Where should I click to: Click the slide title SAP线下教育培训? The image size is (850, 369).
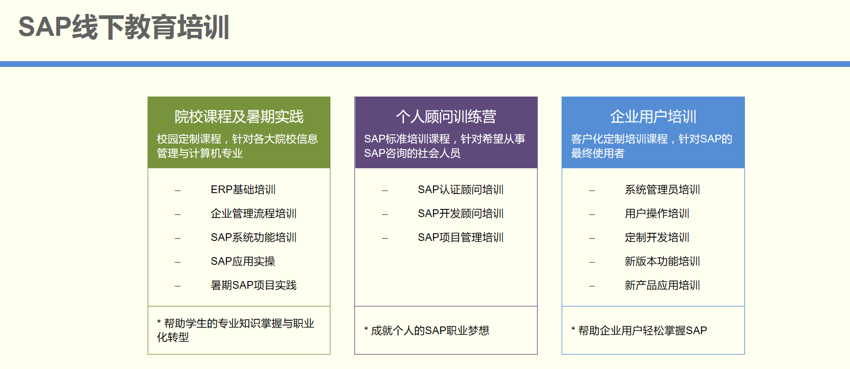coord(124,27)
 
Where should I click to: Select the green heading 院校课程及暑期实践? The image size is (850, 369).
coord(239,117)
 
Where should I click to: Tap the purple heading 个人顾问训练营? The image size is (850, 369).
coord(446,117)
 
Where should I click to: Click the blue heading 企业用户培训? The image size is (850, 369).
coord(653,117)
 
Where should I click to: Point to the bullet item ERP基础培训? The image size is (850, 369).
coord(243,190)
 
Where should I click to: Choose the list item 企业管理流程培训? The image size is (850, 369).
coord(254,214)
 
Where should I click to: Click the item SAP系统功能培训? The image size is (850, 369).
coord(254,238)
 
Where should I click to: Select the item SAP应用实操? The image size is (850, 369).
coord(243,261)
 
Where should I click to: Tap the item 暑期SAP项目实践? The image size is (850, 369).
coord(254,285)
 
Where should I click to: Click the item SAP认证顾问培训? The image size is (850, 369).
coord(461,190)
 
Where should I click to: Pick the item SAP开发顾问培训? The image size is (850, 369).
coord(461,214)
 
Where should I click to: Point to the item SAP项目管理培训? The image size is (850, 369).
coord(461,238)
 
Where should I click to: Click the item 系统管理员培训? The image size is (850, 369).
coord(662,190)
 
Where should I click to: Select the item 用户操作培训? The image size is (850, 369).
coord(657,214)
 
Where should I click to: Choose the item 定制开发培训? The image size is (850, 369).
coord(657,238)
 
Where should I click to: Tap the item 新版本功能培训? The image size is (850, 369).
coord(662,261)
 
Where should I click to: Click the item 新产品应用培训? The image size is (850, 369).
coord(662,285)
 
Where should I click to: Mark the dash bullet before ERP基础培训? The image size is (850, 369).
coord(178,191)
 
